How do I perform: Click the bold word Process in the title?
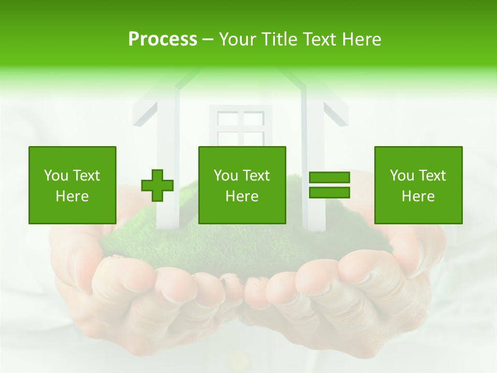click(163, 39)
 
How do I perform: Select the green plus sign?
click(157, 185)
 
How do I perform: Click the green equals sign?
click(329, 185)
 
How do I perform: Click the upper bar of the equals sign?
click(329, 178)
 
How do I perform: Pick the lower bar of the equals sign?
click(329, 192)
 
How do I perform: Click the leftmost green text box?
click(72, 185)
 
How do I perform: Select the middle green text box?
click(242, 185)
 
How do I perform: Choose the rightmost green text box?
click(418, 185)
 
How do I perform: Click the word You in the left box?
click(55, 176)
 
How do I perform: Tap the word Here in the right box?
click(418, 196)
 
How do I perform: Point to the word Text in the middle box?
click(256, 176)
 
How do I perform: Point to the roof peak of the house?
click(240, 70)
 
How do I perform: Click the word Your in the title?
click(237, 39)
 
